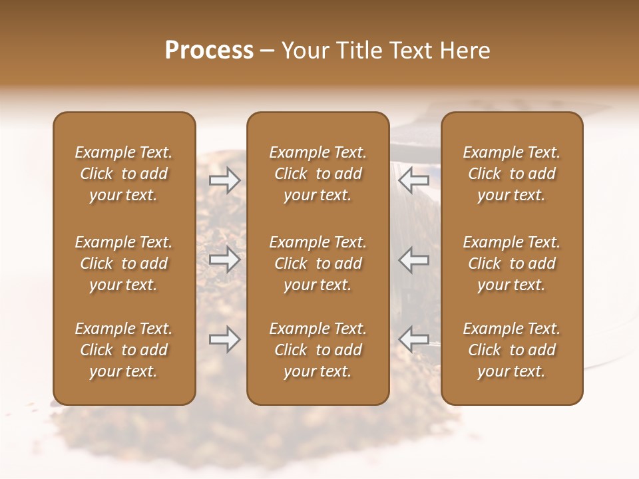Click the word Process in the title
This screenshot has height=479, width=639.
click(x=209, y=51)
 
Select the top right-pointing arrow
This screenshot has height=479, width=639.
click(x=225, y=180)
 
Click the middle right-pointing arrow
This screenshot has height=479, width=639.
click(x=225, y=259)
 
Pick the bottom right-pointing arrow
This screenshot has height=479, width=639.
click(x=225, y=339)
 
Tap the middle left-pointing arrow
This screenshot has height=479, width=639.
click(x=414, y=259)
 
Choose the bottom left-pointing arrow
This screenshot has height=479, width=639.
click(x=414, y=339)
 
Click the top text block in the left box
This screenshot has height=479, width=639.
click(x=124, y=174)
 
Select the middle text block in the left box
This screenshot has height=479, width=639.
click(x=124, y=263)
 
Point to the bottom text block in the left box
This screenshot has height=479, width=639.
click(x=124, y=350)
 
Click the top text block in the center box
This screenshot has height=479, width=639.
click(x=318, y=174)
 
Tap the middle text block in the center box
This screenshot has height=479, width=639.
click(x=318, y=263)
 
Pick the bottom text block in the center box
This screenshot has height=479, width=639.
click(x=318, y=350)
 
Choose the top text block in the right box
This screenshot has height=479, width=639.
click(x=512, y=174)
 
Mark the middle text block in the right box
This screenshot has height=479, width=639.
click(x=512, y=263)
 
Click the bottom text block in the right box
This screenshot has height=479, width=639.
click(x=512, y=350)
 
